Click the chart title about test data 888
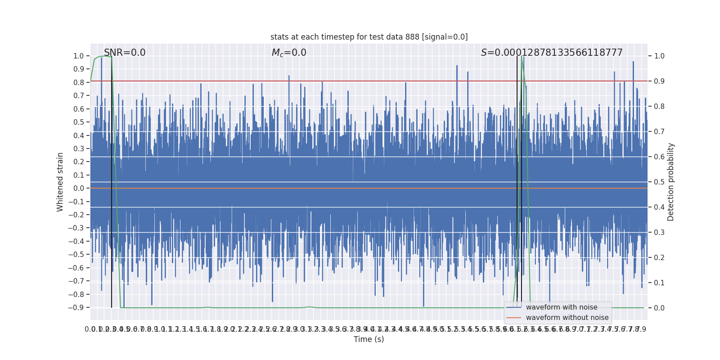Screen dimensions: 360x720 (369, 37)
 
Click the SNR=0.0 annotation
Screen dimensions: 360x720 (125, 53)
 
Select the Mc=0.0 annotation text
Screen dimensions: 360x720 (289, 53)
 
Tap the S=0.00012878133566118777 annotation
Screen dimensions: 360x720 (552, 53)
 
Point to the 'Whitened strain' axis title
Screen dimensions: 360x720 (60, 182)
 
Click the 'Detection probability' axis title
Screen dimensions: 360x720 (671, 182)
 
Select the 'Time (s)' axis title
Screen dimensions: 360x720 (369, 339)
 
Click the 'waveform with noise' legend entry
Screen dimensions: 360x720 (562, 307)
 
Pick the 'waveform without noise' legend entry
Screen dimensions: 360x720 (567, 318)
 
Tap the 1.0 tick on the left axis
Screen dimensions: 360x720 (79, 56)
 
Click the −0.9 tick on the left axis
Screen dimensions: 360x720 (76, 308)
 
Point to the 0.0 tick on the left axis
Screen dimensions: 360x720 (79, 189)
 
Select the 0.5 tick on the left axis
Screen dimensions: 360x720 (79, 122)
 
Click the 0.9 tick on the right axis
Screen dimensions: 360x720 (659, 81)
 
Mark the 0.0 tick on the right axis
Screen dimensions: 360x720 (659, 308)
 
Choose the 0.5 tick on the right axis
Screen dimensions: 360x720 (659, 182)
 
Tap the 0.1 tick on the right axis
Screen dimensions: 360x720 (659, 283)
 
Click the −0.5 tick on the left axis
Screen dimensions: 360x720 (76, 255)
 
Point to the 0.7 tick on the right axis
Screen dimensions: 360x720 (659, 132)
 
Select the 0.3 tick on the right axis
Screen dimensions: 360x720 (659, 233)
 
